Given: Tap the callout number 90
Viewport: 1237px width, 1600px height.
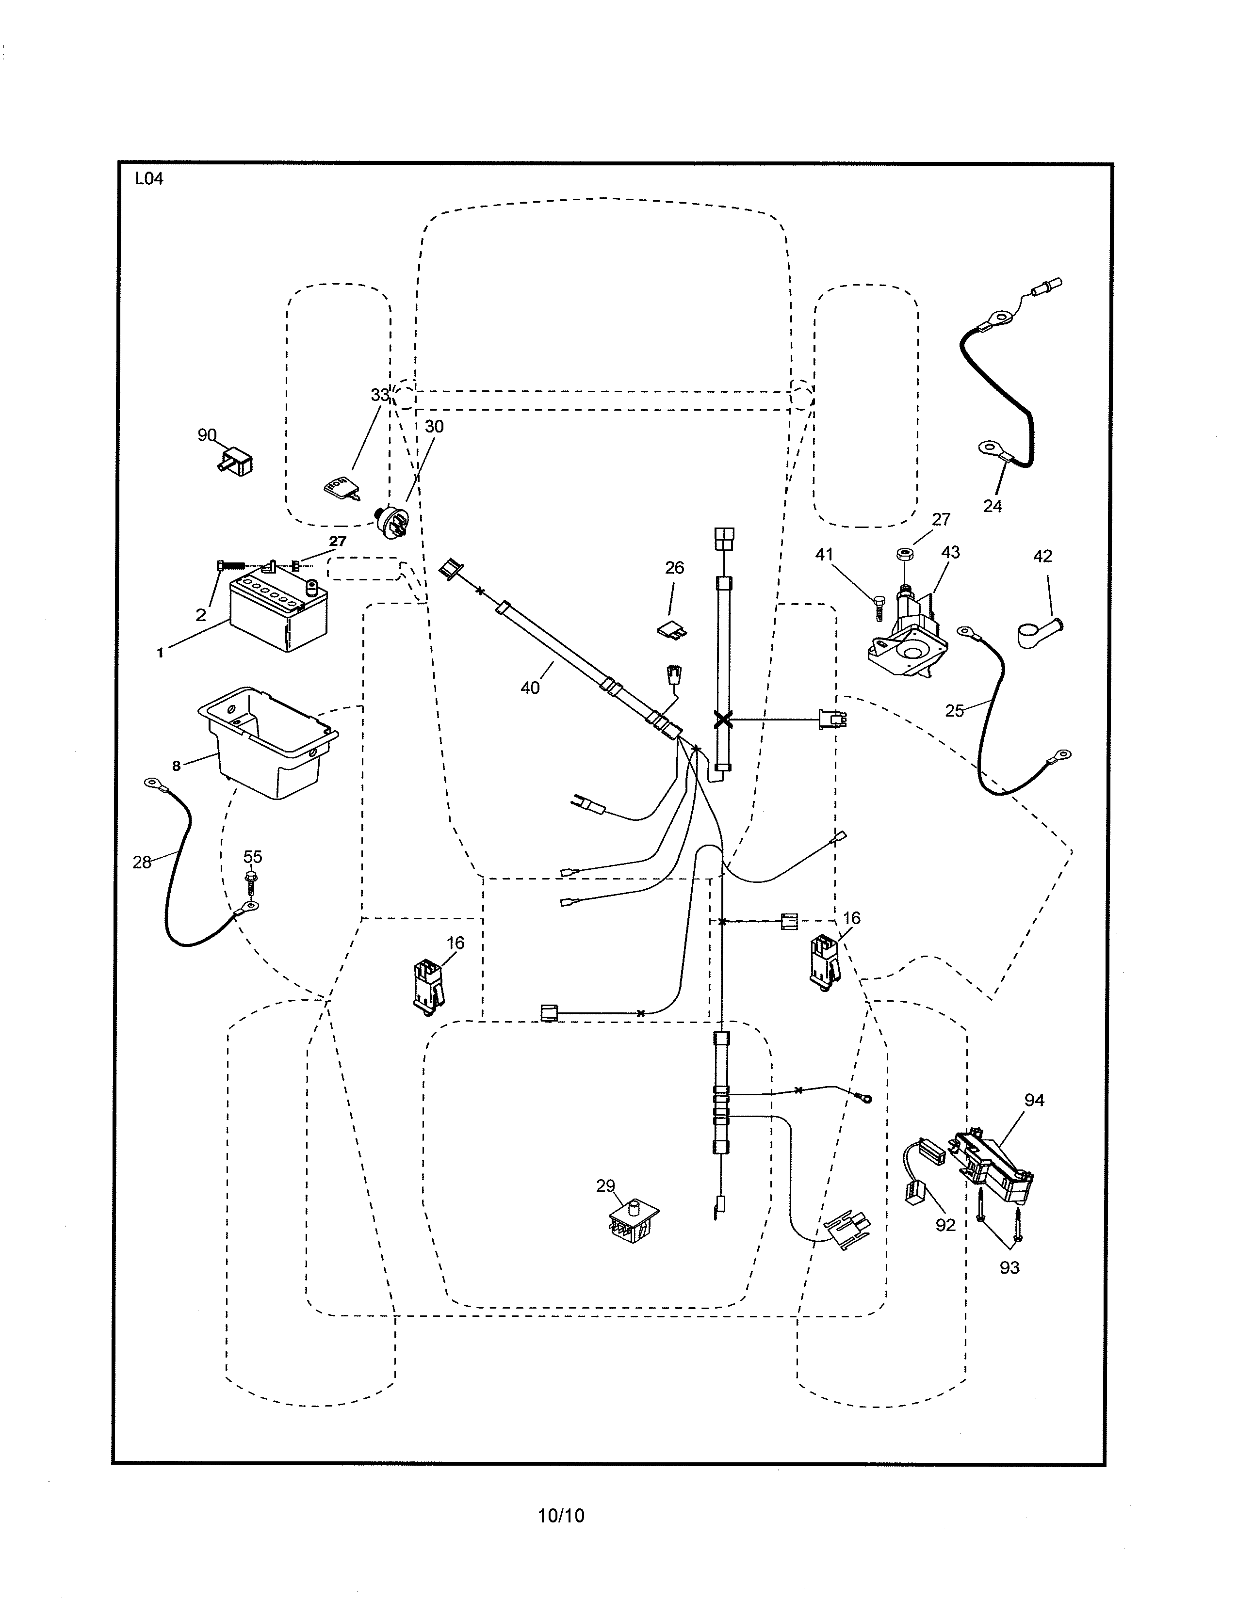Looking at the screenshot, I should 207,435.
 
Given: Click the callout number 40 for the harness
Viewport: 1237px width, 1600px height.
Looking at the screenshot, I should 530,687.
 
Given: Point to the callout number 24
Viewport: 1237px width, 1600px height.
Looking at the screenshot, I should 992,506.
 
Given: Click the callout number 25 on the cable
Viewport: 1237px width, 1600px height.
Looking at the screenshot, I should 954,711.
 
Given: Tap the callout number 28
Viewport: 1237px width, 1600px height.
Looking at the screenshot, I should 142,862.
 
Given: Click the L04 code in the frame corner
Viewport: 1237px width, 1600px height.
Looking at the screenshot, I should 149,179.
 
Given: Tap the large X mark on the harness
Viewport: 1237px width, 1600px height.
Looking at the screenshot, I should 723,720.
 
